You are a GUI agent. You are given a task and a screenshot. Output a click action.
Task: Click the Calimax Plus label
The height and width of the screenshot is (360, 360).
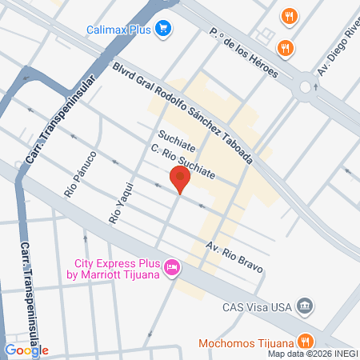pyautogui.click(x=119, y=31)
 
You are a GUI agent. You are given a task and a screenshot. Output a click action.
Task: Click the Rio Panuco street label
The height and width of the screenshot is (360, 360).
pyautogui.click(x=80, y=174)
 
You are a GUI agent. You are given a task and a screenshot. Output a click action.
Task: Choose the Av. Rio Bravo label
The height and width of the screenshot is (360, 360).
pyautogui.click(x=234, y=256)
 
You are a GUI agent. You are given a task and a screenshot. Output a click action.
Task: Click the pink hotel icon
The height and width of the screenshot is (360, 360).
pyautogui.click(x=171, y=267)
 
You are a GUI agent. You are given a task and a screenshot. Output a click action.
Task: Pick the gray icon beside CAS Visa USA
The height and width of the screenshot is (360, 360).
pyautogui.click(x=304, y=306)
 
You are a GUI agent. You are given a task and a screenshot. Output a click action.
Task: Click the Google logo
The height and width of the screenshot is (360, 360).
pyautogui.click(x=26, y=350)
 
